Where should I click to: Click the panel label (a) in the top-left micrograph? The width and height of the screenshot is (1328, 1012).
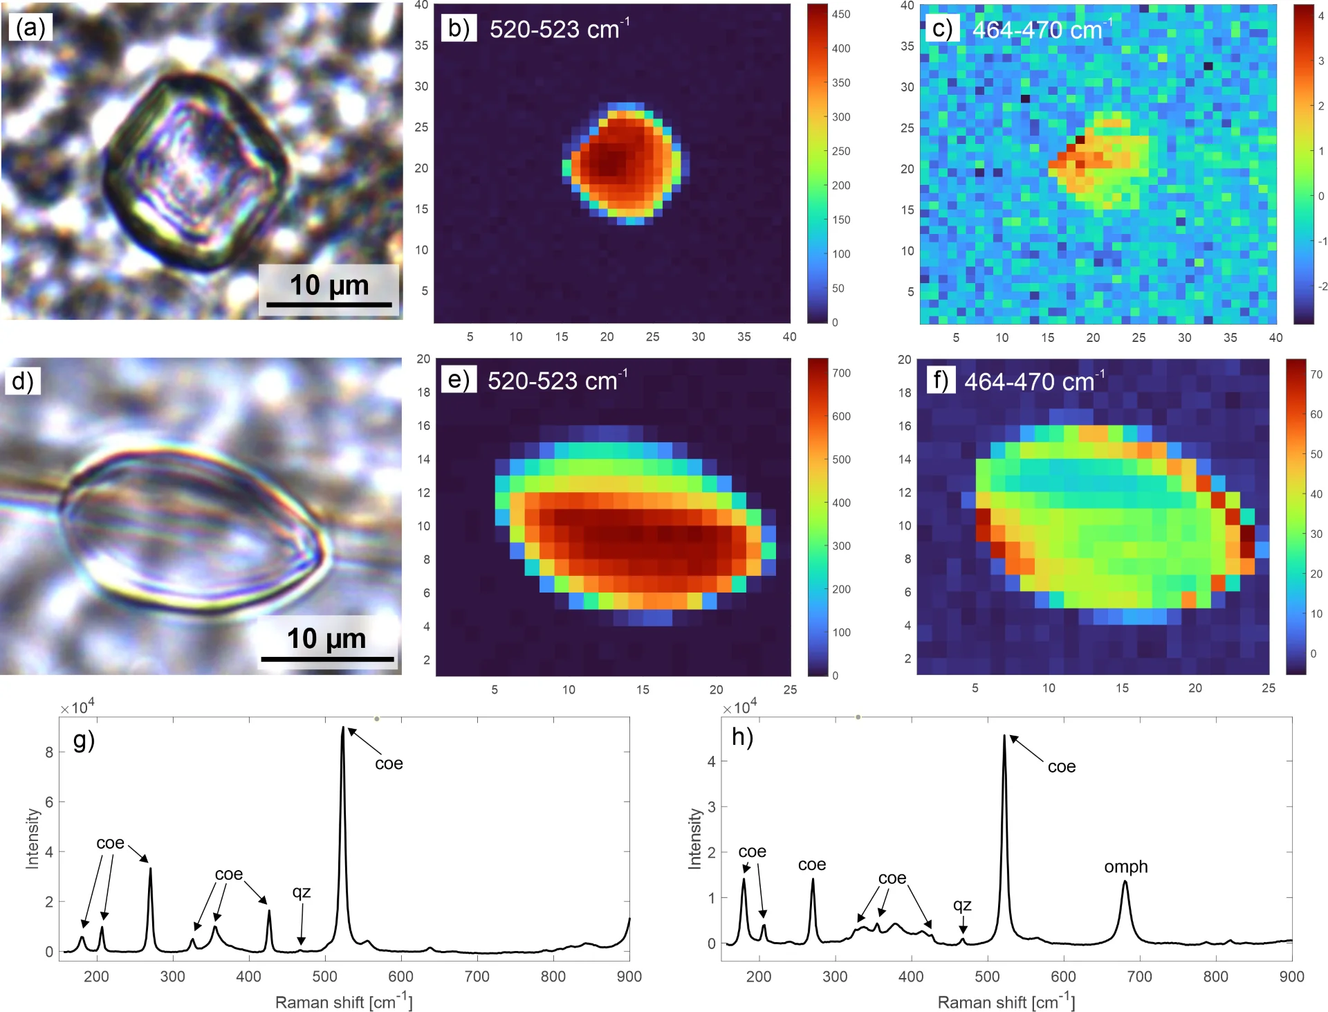tap(30, 28)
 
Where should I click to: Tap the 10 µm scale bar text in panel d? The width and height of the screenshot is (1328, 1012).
tap(326, 638)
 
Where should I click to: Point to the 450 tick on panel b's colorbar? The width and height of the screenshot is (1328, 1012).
tap(841, 14)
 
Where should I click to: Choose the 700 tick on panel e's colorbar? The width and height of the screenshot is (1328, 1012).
tap(841, 373)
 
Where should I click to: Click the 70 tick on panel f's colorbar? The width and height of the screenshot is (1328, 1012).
tap(1316, 374)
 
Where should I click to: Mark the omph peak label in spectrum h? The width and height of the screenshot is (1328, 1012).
tap(1125, 867)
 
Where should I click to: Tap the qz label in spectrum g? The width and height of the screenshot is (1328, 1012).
tap(302, 892)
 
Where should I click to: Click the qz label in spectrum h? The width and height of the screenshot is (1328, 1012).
tap(962, 905)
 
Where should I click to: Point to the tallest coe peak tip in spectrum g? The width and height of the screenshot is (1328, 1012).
tap(342, 728)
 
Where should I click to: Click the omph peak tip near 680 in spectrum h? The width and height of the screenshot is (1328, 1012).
tap(1125, 882)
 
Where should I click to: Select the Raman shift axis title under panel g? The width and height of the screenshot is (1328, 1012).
tap(344, 1002)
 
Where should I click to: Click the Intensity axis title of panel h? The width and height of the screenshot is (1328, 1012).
tap(694, 838)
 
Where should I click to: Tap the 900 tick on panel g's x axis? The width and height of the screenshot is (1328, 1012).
tap(629, 977)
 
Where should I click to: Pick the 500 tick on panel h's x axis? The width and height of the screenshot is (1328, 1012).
tap(987, 977)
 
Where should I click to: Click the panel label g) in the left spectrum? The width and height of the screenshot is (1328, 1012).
tap(84, 741)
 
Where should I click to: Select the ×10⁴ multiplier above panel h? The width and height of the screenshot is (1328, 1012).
tap(740, 707)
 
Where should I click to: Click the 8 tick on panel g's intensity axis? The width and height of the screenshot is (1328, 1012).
tap(49, 752)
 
